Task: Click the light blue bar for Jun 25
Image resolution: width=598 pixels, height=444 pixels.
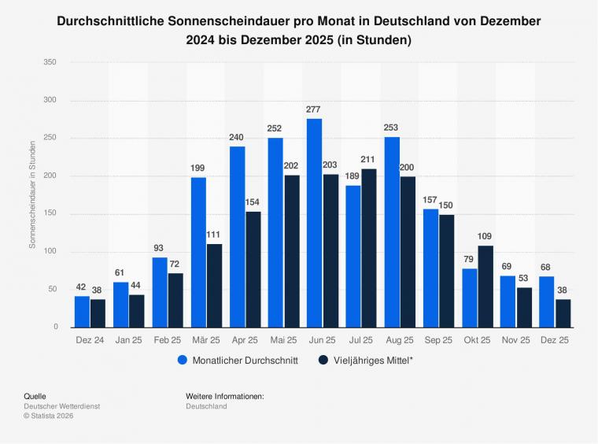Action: coord(314,223)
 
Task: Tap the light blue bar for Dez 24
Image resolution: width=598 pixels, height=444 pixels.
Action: coord(82,312)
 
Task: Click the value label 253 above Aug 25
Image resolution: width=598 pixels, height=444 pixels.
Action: coord(391,128)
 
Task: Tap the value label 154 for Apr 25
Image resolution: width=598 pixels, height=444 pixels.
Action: coord(252,202)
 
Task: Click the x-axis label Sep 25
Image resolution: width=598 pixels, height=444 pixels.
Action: coord(437,339)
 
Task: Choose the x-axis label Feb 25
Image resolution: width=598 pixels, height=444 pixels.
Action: coord(167,339)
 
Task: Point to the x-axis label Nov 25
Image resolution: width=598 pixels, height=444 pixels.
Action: coord(515,339)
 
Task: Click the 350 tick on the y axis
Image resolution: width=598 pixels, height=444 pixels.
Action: coord(50,62)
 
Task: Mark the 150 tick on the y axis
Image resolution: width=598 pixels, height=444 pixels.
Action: coord(50,213)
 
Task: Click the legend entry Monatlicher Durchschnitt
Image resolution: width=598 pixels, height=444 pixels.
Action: coord(237,361)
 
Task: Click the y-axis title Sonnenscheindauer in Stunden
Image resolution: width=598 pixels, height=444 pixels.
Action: coord(33,194)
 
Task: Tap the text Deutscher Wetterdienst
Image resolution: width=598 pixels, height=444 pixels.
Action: coord(61,406)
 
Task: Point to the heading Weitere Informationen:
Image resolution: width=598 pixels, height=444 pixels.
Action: coord(225,396)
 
